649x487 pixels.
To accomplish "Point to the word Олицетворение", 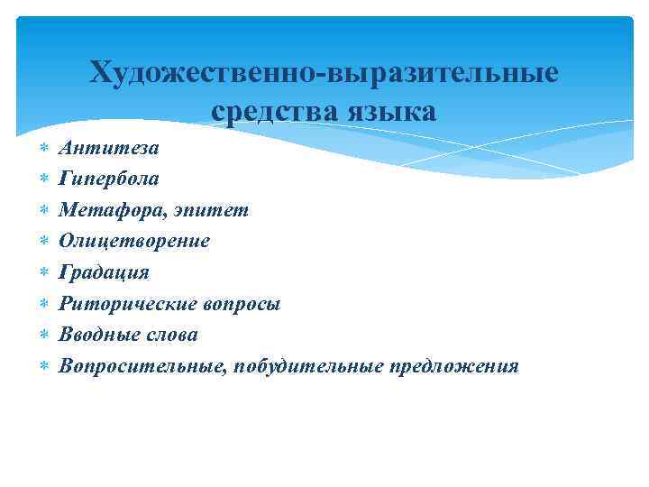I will (134, 241).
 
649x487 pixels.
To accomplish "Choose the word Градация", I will (104, 272).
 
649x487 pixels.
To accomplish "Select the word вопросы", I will (239, 304).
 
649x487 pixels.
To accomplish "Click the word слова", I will (170, 335).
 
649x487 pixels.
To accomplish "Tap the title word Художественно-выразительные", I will (324, 71).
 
